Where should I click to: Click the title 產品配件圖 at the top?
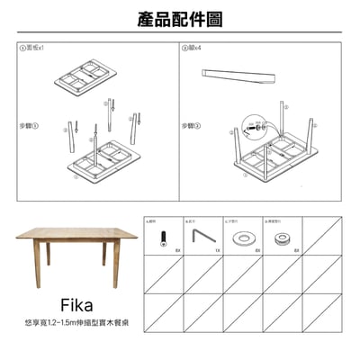(180, 19)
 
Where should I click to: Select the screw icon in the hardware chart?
(165, 238)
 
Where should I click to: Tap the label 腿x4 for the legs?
(191, 50)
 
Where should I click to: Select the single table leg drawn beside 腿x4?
(238, 76)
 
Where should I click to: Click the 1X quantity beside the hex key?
(219, 251)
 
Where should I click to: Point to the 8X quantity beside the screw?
(179, 251)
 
